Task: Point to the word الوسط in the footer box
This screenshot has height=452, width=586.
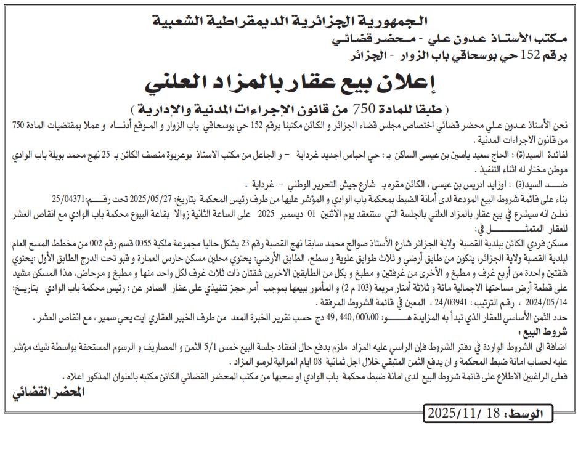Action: tap(523, 413)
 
